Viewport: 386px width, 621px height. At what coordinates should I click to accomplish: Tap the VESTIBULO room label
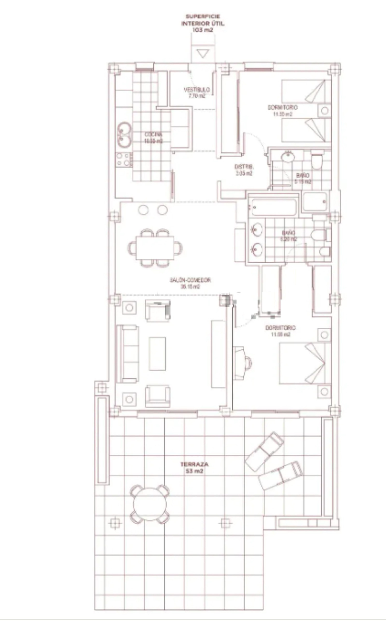coord(197,90)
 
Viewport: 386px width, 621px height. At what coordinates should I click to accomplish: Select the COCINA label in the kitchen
coord(154,135)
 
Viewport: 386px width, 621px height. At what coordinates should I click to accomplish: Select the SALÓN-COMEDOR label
coord(190,280)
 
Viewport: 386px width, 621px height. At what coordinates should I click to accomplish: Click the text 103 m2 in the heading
coord(203,30)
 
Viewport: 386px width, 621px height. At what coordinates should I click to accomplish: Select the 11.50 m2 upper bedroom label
coord(283,114)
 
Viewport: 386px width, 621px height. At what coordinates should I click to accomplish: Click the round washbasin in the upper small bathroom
coord(288,156)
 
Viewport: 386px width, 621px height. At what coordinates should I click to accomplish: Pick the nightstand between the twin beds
coord(324,111)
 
